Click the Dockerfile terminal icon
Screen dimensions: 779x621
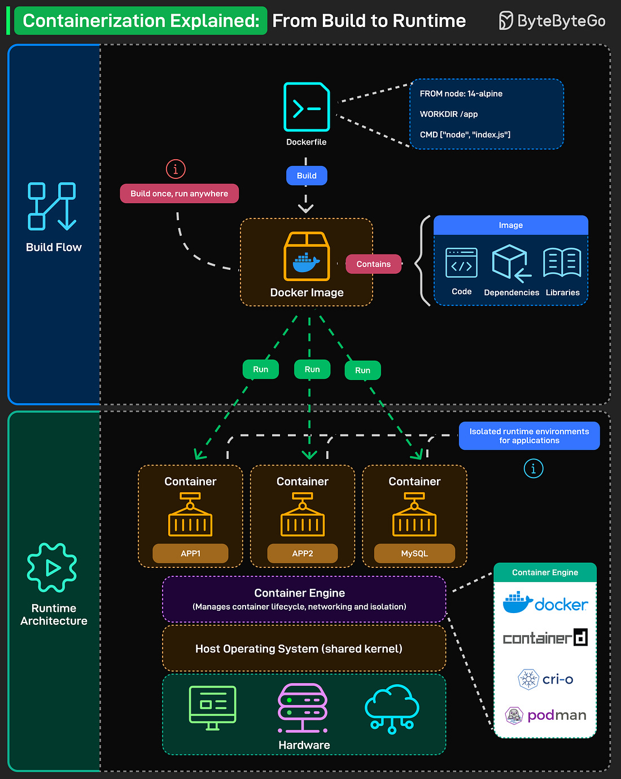pyautogui.click(x=307, y=107)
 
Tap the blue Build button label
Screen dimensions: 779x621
pyautogui.click(x=307, y=176)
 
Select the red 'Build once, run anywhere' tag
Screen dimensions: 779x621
pyautogui.click(x=179, y=194)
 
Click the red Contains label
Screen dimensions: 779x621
pyautogui.click(x=373, y=264)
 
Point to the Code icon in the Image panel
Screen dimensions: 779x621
pyautogui.click(x=461, y=263)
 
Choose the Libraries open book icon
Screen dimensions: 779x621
pyautogui.click(x=562, y=262)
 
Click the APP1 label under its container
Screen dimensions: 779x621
pyautogui.click(x=190, y=553)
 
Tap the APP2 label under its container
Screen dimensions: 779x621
pyautogui.click(x=303, y=553)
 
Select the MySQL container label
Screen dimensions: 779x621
pyautogui.click(x=414, y=553)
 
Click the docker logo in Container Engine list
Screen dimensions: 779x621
pyautogui.click(x=545, y=603)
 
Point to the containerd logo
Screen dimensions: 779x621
pyautogui.click(x=545, y=638)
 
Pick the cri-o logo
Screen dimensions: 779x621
pyautogui.click(x=545, y=679)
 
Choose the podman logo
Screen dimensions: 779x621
pyautogui.click(x=545, y=715)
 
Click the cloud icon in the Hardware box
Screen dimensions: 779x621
pyautogui.click(x=392, y=708)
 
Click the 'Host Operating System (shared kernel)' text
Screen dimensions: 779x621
pyautogui.click(x=299, y=649)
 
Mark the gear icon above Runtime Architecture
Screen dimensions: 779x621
pyautogui.click(x=52, y=567)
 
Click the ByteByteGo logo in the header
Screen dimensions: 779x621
pyautogui.click(x=552, y=21)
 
